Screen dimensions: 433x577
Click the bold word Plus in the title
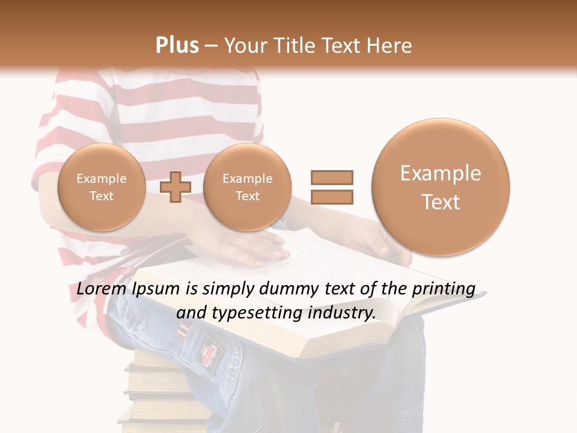177,46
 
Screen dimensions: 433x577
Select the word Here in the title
390,46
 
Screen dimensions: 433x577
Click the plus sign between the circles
176,186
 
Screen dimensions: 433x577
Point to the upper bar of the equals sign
331,177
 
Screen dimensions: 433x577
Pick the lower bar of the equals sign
331,197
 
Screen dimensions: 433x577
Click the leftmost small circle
101,187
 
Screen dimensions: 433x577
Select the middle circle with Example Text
247,187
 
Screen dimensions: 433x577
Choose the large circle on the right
441,187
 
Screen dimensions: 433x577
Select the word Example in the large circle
441,174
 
